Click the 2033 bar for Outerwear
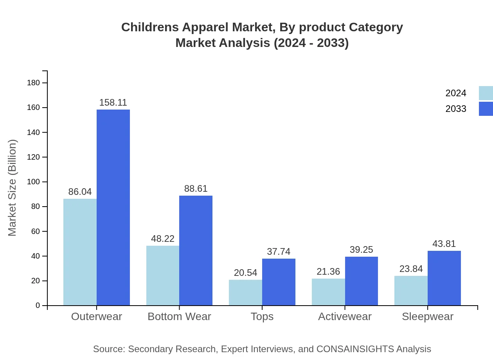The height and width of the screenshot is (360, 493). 113,207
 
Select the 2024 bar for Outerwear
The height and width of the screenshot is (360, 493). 80,252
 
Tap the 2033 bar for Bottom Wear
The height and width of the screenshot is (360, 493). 196,250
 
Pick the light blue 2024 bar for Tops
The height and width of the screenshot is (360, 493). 245,292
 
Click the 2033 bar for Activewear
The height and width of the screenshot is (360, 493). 362,281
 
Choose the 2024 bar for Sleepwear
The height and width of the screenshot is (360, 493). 411,290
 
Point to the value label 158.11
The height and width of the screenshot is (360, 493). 113,103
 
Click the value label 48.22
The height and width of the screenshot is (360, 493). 163,239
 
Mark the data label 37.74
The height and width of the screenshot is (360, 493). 279,252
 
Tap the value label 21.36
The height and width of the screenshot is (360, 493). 328,272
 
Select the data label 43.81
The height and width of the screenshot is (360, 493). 444,244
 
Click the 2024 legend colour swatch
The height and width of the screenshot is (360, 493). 486,93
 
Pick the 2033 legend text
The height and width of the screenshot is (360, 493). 456,109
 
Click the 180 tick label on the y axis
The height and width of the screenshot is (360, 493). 33,83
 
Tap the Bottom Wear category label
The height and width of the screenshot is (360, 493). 179,317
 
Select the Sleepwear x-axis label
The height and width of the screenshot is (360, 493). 428,317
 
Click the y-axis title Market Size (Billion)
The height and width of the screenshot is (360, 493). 13,188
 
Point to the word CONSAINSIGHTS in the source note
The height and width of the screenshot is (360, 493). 355,349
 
